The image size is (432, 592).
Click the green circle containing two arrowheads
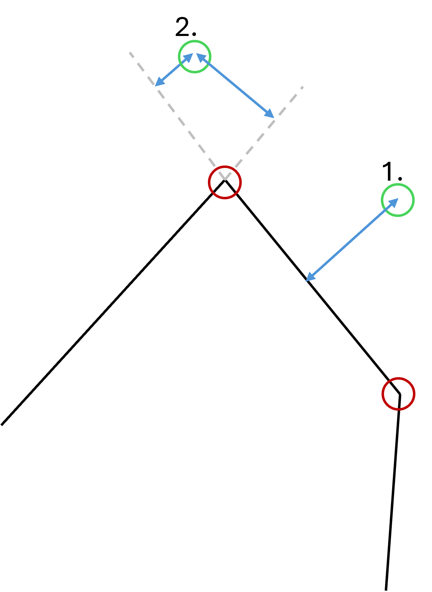(195, 56)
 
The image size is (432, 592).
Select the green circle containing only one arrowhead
(398, 200)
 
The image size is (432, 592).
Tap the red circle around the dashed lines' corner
(225, 182)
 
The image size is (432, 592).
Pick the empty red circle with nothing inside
(398, 394)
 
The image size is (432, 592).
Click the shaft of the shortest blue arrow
(174, 70)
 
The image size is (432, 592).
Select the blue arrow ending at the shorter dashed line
(235, 85)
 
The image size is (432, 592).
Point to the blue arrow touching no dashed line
(352, 240)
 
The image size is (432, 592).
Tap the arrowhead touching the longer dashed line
(157, 84)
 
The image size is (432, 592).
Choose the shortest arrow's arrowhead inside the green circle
(190, 56)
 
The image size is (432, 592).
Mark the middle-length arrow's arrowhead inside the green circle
(199, 56)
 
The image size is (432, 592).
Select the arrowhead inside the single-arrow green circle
(395, 201)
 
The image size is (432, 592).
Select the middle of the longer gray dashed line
(177, 116)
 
